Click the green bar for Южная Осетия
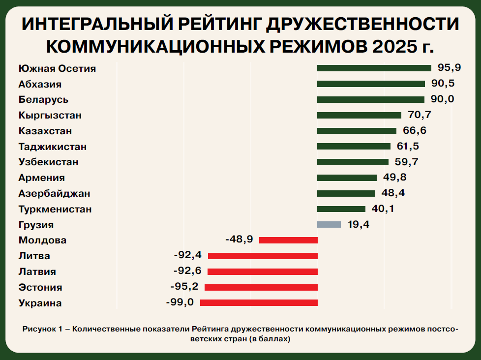point(374,68)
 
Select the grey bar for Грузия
point(329,224)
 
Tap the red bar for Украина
point(259,302)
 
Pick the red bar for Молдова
point(288,240)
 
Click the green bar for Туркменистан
point(341,209)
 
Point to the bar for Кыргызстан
point(359,115)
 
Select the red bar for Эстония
point(261,287)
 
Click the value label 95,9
point(449,67)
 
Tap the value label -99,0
point(180,302)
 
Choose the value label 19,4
point(359,224)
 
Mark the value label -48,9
point(240,239)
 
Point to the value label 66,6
point(415,130)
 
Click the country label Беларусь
point(43,100)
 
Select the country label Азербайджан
point(54,193)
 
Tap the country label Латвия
point(37,271)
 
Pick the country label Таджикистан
point(53,147)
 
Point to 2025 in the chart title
point(392,47)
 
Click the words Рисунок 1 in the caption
point(42,329)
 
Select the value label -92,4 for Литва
point(188,255)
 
